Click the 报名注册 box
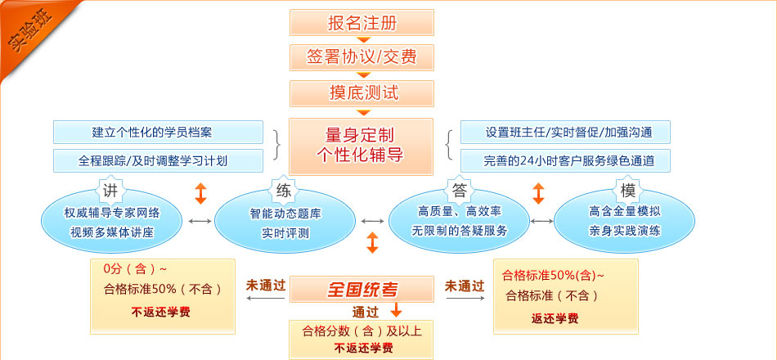362,22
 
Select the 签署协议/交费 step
362,56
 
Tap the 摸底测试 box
362,92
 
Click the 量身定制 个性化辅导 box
362,146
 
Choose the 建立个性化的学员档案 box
158,132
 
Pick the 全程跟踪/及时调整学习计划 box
158,160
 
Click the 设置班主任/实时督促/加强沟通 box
565,132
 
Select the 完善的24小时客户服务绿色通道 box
565,160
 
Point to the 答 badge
459,191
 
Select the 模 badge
628,191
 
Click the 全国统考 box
362,289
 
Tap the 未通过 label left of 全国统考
266,286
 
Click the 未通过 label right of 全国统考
464,286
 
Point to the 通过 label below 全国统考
366,312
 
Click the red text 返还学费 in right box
555,318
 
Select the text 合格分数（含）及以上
362,331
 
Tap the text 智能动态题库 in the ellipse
285,214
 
